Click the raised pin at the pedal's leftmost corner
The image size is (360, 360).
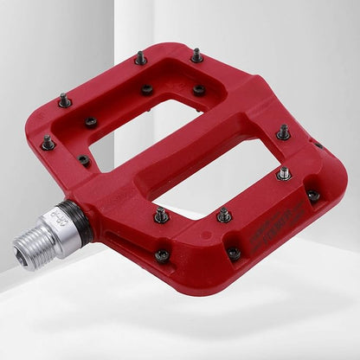[x=48, y=141]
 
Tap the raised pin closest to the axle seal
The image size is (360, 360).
[x=161, y=214]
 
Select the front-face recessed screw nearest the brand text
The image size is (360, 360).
[x=234, y=253]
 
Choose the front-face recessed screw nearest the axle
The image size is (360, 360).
[x=162, y=255]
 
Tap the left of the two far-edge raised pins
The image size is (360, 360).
[x=140, y=58]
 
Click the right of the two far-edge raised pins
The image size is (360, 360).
[x=196, y=56]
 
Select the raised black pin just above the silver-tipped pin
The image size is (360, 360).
[x=283, y=132]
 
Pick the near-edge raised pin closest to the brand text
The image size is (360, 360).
[x=224, y=214]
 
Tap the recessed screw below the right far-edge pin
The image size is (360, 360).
[x=199, y=88]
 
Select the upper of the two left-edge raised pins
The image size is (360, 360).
[x=65, y=100]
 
